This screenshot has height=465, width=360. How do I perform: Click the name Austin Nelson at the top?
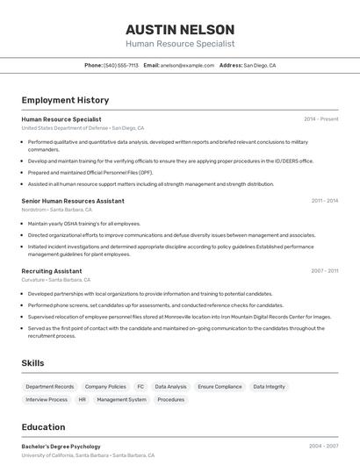point(180,29)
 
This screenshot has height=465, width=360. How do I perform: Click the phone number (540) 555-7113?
point(121,65)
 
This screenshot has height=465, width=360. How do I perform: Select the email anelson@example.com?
point(187,65)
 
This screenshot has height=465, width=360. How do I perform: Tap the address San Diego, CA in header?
point(259,65)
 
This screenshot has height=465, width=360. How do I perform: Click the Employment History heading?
point(65,100)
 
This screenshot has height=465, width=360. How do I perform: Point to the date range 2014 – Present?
point(320,119)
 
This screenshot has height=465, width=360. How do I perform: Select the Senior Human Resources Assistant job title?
point(73,201)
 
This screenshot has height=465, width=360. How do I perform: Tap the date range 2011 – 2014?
point(324,201)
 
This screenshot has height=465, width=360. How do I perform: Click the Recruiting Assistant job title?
point(52,271)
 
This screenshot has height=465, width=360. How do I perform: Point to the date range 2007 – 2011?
point(324,271)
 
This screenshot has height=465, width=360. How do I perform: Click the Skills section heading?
point(33,363)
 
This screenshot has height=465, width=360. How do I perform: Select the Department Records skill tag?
point(50,386)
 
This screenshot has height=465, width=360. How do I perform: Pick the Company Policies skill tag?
point(105,386)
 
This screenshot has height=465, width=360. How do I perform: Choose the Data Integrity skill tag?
point(268,386)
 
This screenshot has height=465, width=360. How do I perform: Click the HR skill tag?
point(83,399)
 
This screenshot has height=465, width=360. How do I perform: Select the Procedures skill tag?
point(171,399)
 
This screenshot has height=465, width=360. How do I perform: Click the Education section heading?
point(43,427)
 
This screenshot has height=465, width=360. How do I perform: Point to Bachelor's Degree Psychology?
point(61,447)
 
